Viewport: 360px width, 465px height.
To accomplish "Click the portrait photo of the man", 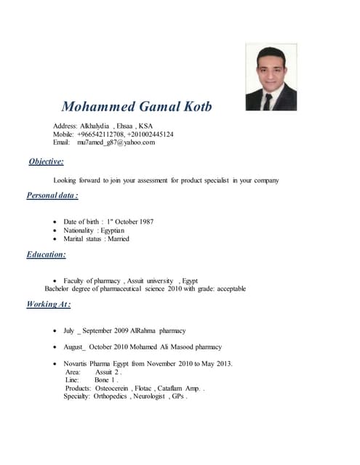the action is (x=271, y=77).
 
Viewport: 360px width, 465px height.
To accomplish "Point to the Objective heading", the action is (x=46, y=161).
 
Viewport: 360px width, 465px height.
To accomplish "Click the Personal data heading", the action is (x=52, y=195).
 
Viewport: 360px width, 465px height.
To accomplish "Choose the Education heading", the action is (x=47, y=254).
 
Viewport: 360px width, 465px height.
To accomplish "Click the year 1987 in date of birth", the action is (x=144, y=222).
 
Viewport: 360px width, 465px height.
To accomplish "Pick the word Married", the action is (x=118, y=239).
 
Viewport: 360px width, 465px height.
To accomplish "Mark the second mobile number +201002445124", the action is (x=150, y=134).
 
